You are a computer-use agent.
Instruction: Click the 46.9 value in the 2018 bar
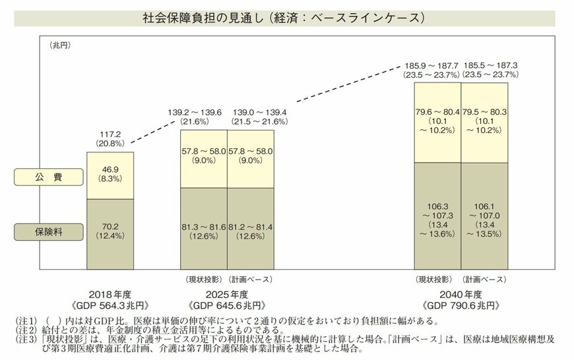(110, 169)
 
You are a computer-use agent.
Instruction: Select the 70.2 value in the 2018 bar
(110, 225)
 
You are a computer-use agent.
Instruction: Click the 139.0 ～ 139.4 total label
(251, 113)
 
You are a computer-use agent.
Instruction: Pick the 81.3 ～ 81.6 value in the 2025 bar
(204, 227)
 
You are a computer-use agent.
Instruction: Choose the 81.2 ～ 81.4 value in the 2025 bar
(251, 227)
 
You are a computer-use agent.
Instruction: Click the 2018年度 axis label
(110, 294)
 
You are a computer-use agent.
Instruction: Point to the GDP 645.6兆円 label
(227, 307)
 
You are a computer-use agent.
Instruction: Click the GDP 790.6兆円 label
(461, 307)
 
